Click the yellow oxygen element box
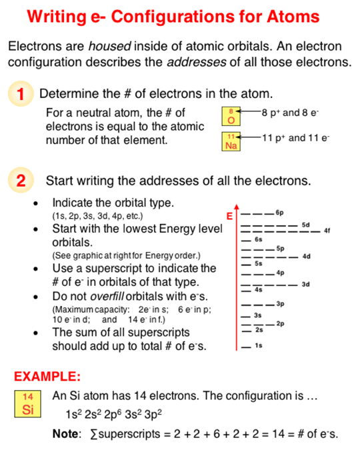[231, 116]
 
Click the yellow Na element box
[231, 141]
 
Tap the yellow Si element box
[27, 403]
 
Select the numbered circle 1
[21, 93]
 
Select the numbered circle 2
[21, 180]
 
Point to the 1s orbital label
[259, 345]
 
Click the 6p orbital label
[279, 213]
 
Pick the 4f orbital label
[327, 231]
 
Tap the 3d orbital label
[306, 285]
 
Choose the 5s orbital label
[259, 263]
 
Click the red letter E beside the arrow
[229, 216]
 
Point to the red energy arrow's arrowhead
[236, 207]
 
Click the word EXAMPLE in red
[47, 376]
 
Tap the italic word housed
[109, 46]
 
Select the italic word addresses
[197, 62]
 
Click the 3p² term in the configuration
[153, 414]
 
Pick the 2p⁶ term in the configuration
[113, 414]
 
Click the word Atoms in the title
[293, 17]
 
